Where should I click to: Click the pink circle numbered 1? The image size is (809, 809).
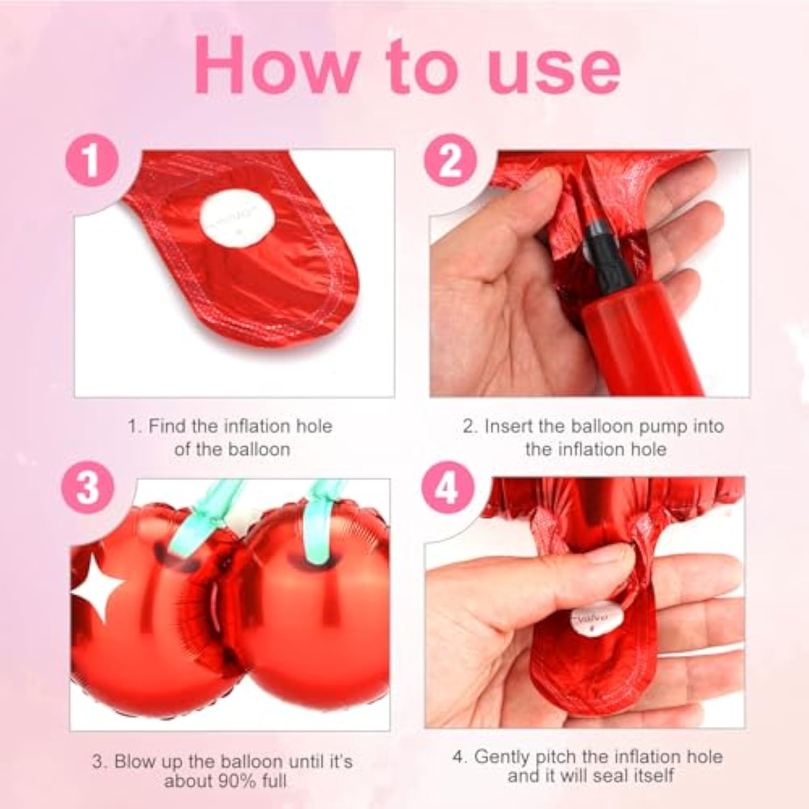pos(92,160)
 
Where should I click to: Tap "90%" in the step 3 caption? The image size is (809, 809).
pos(236,780)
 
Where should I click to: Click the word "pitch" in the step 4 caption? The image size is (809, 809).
pos(554,757)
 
